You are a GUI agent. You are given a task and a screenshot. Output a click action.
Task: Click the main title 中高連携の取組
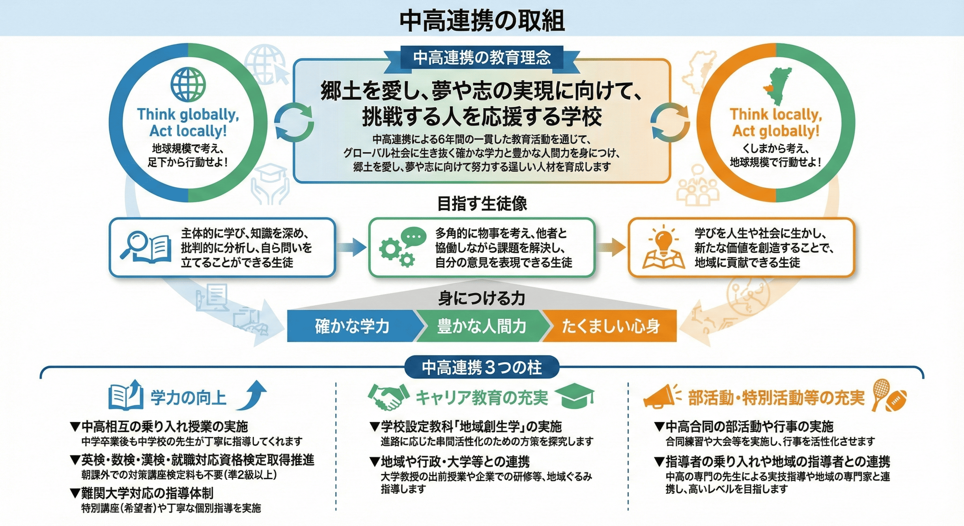[482, 21]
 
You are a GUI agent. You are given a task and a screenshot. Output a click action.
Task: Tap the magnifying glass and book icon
[146, 248]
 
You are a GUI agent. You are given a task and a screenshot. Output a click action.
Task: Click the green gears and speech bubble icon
[402, 247]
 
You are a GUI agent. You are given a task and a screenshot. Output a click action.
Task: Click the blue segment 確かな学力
[352, 326]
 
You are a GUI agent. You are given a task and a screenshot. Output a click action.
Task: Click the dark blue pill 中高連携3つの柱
[482, 367]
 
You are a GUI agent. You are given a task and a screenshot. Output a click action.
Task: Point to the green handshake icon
[388, 397]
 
